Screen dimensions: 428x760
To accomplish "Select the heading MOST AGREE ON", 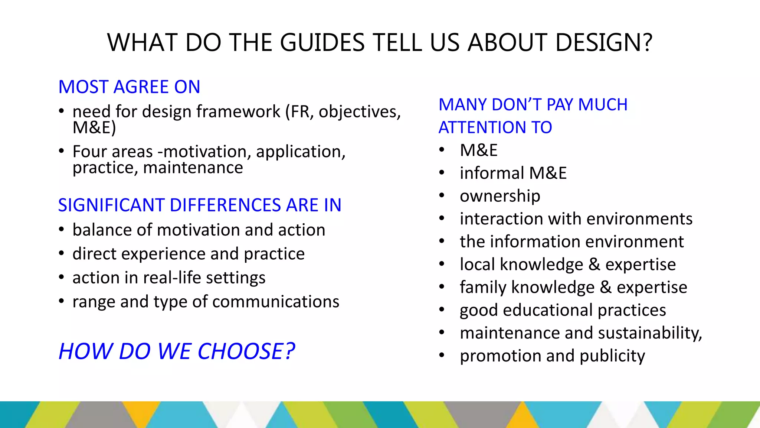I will click(x=129, y=87).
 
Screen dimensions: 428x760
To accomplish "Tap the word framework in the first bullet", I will click(x=238, y=111).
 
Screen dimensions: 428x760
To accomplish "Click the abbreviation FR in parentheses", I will click(x=300, y=111).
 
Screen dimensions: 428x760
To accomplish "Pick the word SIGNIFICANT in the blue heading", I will click(x=111, y=205).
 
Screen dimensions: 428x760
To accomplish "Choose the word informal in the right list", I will click(x=492, y=173).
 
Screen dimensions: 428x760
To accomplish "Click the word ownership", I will click(x=500, y=196).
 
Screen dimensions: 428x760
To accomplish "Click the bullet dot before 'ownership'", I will click(x=442, y=196).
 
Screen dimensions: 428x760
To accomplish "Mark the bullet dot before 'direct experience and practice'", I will click(x=62, y=254).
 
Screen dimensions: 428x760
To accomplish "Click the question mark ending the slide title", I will click(x=648, y=42).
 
